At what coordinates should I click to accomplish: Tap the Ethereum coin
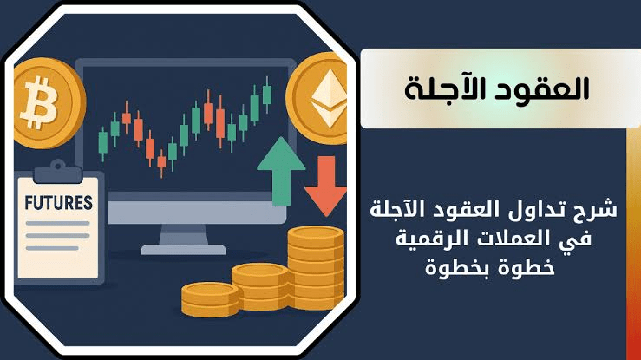tap(317, 98)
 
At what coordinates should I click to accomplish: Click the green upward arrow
tap(281, 171)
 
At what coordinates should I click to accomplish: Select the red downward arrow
tap(325, 186)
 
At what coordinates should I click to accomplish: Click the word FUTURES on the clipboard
tap(58, 203)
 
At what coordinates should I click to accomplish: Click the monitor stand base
tap(183, 249)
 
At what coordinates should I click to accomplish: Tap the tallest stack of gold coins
tap(316, 268)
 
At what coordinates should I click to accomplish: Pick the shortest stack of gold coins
tap(210, 299)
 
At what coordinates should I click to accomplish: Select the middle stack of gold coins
tap(260, 286)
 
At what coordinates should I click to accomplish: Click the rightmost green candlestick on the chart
tap(267, 95)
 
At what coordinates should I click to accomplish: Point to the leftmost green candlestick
tap(103, 144)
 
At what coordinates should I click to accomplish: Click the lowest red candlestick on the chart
tap(161, 162)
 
